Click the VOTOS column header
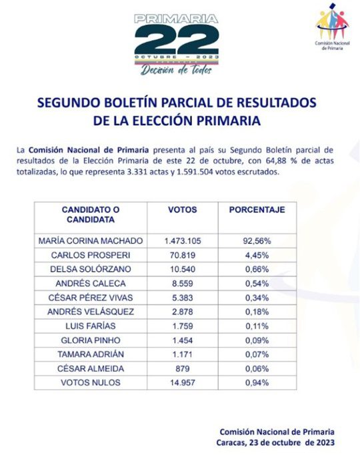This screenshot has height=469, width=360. click(182, 210)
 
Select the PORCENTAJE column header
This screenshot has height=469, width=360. click(257, 210)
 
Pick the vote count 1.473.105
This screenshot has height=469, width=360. click(182, 240)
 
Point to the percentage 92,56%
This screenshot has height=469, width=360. click(257, 240)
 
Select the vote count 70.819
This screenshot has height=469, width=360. click(182, 254)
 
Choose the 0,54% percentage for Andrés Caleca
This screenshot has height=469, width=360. click(257, 283)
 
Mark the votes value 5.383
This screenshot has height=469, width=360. click(182, 297)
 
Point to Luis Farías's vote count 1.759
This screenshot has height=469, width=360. click(182, 326)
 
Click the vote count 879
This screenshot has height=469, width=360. click(182, 368)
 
